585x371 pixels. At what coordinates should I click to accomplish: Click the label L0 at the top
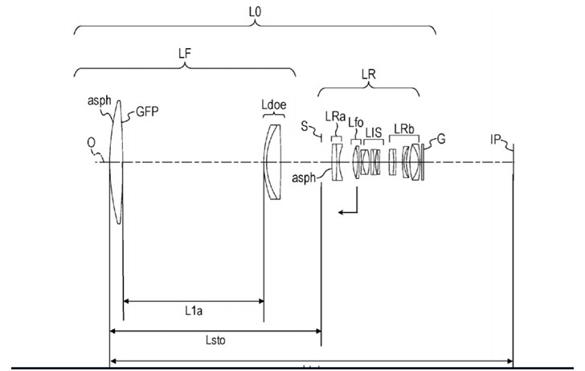coord(256,14)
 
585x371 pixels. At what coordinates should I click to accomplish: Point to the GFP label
coord(147,112)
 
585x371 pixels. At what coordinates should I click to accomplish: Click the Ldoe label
coord(273,107)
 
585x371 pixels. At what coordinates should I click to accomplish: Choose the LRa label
coord(336,116)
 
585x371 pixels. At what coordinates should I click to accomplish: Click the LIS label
coord(374,132)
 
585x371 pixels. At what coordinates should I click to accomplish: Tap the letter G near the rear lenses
coord(440,140)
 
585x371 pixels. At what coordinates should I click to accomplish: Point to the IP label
coord(497,140)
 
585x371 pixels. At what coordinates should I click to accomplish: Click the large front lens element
coord(117,161)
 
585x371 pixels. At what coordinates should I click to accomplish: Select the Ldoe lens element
coord(273,161)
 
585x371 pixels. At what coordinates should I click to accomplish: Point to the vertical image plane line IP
coord(513,241)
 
